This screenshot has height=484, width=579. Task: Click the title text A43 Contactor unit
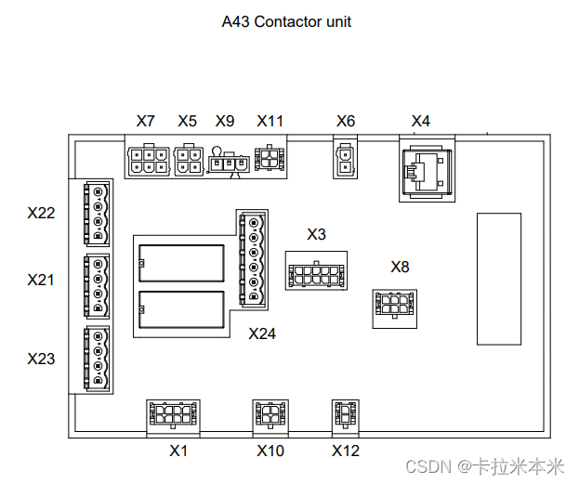click(x=286, y=20)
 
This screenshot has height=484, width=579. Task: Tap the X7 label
click(x=145, y=121)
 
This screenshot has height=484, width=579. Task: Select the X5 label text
click(x=188, y=121)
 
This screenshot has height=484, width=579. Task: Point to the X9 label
click(x=225, y=121)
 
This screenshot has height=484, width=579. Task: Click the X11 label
click(x=270, y=121)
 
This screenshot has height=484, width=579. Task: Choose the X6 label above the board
click(x=346, y=121)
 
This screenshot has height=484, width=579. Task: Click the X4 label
click(x=421, y=121)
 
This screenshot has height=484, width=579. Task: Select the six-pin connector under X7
click(x=149, y=160)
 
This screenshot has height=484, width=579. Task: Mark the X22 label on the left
click(x=41, y=213)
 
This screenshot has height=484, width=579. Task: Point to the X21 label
click(x=41, y=279)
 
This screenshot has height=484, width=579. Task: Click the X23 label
click(x=41, y=358)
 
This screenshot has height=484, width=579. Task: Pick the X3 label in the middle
click(x=317, y=234)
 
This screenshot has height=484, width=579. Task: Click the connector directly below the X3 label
click(x=317, y=273)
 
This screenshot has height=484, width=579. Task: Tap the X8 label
click(x=400, y=268)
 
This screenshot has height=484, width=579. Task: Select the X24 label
click(x=262, y=334)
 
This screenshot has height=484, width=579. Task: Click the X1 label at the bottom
click(x=178, y=451)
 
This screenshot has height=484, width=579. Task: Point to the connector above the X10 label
click(x=270, y=413)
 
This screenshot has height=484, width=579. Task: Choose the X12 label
click(x=346, y=451)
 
